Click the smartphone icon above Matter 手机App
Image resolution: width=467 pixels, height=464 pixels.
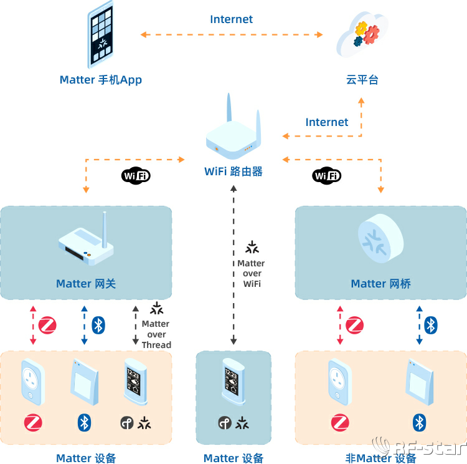tap(101, 35)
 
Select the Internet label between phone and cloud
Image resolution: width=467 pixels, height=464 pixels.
tap(231, 19)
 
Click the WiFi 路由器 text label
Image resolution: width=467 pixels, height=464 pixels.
tap(233, 171)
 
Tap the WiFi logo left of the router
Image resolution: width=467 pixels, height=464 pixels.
tap(136, 176)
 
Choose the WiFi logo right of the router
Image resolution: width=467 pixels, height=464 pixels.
tap(327, 176)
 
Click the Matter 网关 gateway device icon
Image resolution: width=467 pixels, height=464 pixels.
tap(87, 242)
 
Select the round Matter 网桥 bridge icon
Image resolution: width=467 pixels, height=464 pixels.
tap(380, 238)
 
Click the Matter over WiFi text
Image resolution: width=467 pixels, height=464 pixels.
tap(251, 273)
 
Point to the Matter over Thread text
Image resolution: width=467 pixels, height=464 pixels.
tap(156, 334)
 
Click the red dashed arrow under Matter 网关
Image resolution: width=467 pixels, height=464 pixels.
tap(33, 325)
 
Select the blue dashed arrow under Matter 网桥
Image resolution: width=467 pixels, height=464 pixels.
tap(419, 325)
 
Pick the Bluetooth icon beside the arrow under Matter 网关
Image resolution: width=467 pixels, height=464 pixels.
tap(98, 325)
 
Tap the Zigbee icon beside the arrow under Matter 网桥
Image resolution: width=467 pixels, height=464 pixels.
tap(354, 325)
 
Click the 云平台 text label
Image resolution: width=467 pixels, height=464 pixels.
tap(362, 79)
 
